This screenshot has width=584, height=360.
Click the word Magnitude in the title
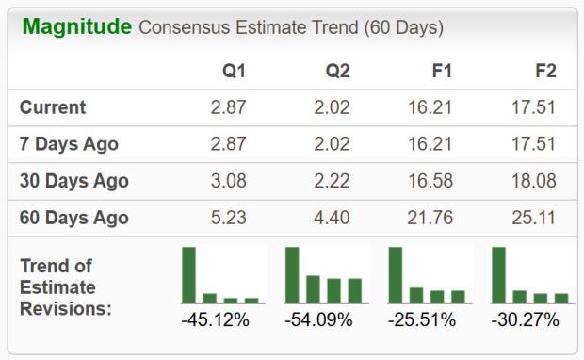tap(76, 26)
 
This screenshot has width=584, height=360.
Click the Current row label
tap(53, 107)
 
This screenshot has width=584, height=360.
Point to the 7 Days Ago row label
tap(69, 144)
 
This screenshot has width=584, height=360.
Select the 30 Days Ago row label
tap(73, 181)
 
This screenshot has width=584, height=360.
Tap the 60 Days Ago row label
tap(73, 218)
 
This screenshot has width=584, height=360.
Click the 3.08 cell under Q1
tap(228, 181)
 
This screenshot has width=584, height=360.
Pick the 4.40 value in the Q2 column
tap(332, 218)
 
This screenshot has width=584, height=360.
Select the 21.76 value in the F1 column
tap(430, 218)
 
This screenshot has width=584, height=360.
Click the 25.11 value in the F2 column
tap(533, 218)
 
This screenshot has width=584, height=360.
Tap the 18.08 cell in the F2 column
tap(533, 181)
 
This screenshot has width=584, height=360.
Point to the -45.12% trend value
tap(215, 320)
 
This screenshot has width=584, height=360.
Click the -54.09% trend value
tap(318, 320)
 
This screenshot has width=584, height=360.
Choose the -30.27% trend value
tap(525, 320)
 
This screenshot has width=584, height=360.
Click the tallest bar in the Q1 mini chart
tap(189, 274)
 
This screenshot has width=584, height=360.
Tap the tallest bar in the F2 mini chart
tap(498, 274)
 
